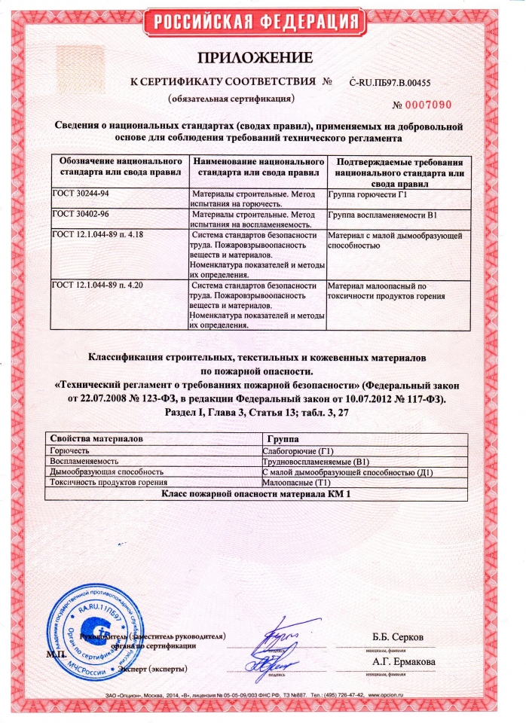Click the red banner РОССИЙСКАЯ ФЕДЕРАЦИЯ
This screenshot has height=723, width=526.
(263, 23)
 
